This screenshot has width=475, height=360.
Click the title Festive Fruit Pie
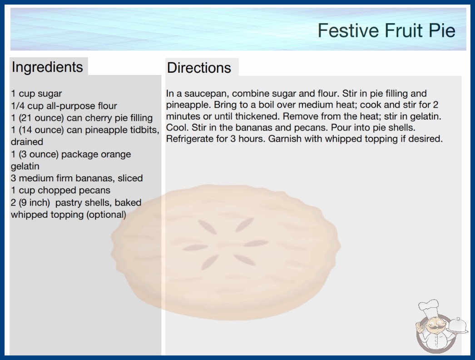(x=386, y=30)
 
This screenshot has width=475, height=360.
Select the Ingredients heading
(x=47, y=67)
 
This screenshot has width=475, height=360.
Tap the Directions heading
(x=199, y=68)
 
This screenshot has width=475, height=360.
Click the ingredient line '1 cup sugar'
(x=36, y=94)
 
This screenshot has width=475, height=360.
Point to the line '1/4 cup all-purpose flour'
(x=64, y=106)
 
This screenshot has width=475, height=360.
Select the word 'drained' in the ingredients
(x=27, y=142)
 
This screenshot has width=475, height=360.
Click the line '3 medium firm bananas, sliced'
(x=77, y=178)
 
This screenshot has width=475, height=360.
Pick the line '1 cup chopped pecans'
(x=60, y=190)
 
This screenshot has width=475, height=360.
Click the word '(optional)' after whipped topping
(x=106, y=215)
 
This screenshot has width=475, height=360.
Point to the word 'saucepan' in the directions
(x=204, y=94)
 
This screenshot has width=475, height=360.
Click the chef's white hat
(x=429, y=307)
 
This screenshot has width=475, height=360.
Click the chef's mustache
(x=435, y=327)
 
